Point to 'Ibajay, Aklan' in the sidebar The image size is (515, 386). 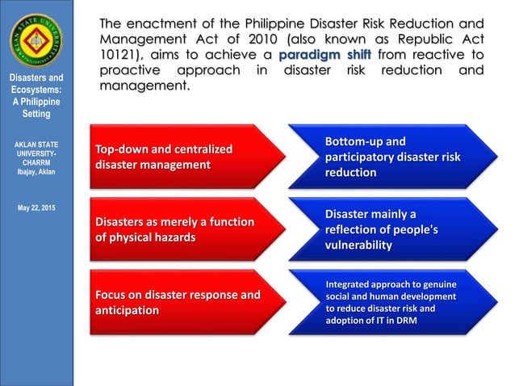click(x=36, y=172)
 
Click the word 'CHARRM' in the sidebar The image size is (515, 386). click(x=36, y=162)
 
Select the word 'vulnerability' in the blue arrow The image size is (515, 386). click(x=358, y=245)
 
